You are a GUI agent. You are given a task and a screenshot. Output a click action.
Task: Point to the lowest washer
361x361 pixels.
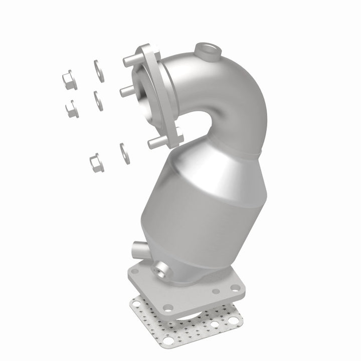point(122,151)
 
